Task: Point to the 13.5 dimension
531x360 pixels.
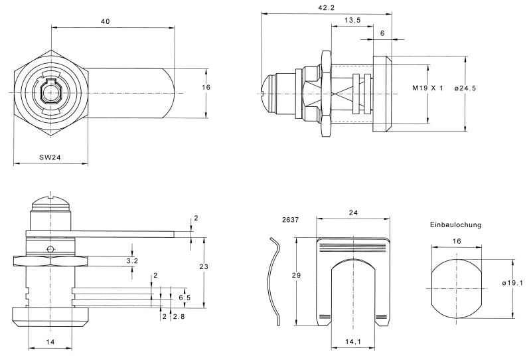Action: [x=353, y=21]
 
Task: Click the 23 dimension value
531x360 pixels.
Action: [x=204, y=267]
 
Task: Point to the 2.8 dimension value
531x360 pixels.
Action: [x=177, y=317]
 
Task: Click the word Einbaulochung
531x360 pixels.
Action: [x=455, y=225]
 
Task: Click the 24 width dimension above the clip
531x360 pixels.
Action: [x=352, y=213]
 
